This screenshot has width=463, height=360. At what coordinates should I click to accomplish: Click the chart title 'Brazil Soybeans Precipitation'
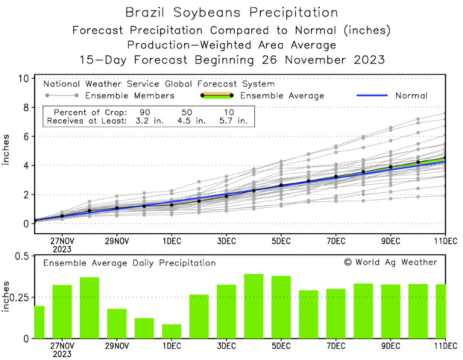pos(231,13)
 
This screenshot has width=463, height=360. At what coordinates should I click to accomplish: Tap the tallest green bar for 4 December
pos(253,306)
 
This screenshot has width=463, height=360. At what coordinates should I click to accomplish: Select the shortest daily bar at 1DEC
pos(171,331)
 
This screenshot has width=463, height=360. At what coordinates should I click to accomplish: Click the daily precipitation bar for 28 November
pos(89,308)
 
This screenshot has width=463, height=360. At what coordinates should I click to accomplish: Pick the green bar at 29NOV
pos(117,323)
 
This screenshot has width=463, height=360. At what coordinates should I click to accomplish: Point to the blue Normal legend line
pos(372,96)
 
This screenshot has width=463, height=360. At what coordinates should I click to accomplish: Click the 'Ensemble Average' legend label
pos(282,96)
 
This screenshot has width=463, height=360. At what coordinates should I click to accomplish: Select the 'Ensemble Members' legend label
pos(129,96)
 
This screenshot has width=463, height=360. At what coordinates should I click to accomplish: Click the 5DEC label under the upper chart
pos(281,241)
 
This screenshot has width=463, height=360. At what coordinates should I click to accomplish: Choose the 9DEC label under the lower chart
pos(390,346)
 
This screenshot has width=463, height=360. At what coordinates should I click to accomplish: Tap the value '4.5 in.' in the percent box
pos(191,121)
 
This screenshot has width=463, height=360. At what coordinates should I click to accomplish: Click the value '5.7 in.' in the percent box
pos(233,121)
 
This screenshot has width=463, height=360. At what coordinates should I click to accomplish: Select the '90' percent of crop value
pos(145,112)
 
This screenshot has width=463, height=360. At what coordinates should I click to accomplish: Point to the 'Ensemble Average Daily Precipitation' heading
pos(129,263)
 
